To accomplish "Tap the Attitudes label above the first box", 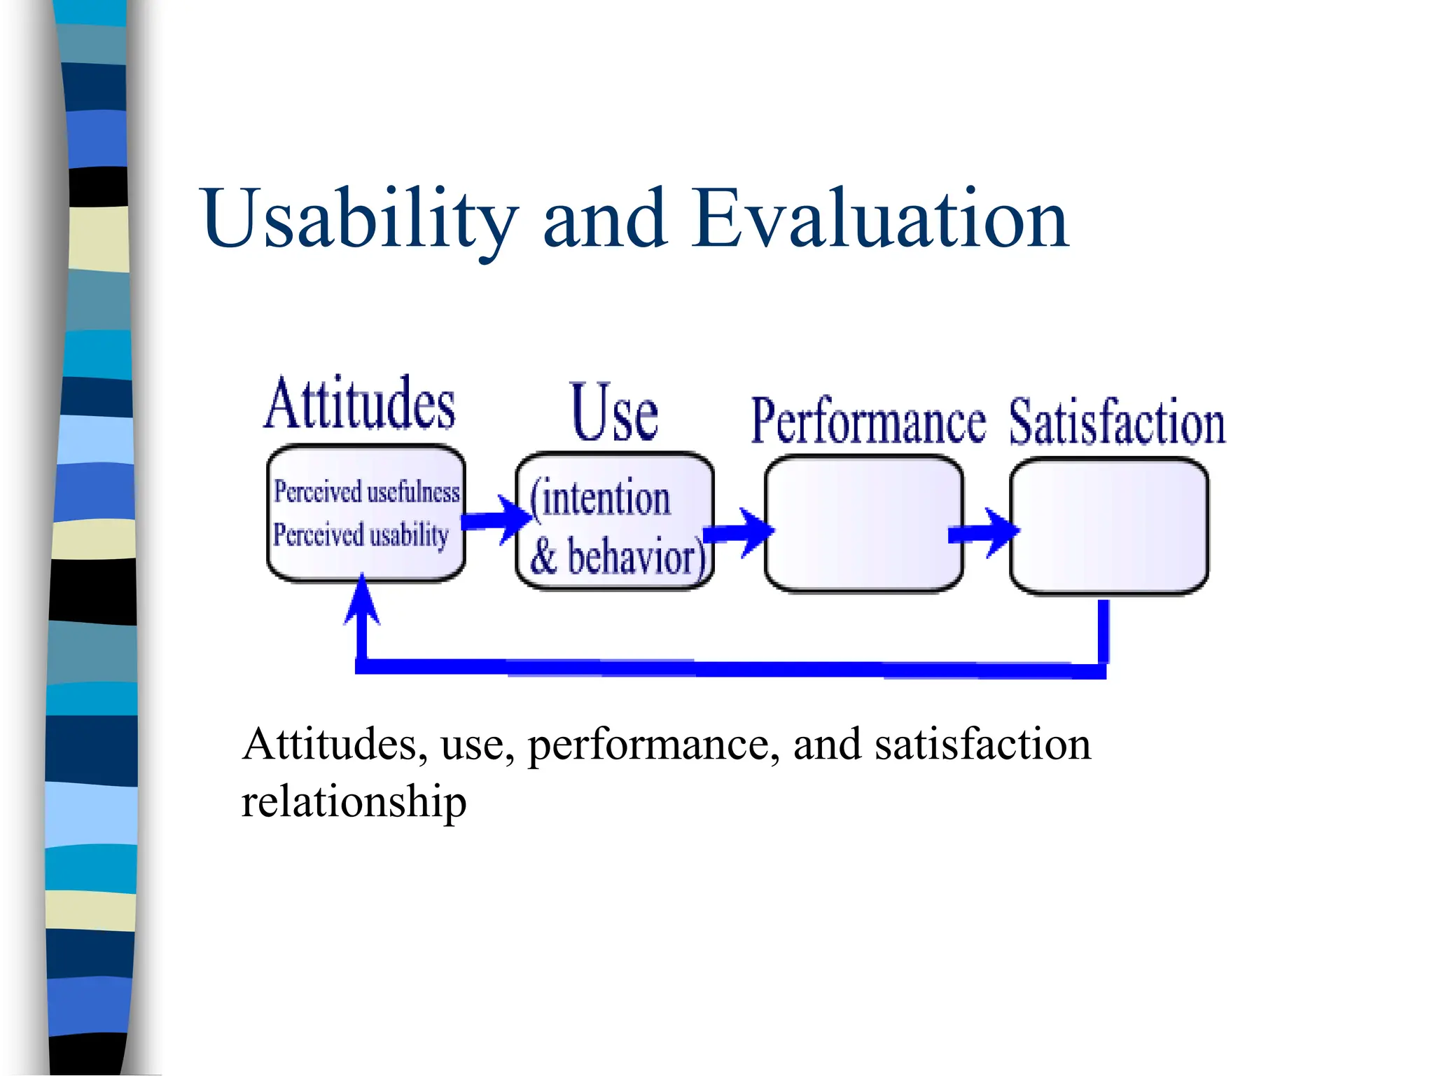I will pyautogui.click(x=360, y=404).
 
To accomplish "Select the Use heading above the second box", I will pyautogui.click(x=614, y=413).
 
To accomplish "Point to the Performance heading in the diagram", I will pyautogui.click(x=868, y=422).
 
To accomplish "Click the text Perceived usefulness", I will pyautogui.click(x=366, y=492).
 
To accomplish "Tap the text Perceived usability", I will pyautogui.click(x=361, y=535).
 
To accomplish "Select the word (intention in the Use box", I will pyautogui.click(x=601, y=498).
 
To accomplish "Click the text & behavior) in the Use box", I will pyautogui.click(x=616, y=557).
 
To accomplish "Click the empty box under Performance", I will pyautogui.click(x=863, y=523).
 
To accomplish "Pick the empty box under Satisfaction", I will pyautogui.click(x=1109, y=525).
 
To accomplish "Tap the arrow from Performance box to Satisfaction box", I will pyautogui.click(x=983, y=533).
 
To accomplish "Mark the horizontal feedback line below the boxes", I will pyautogui.click(x=728, y=667).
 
